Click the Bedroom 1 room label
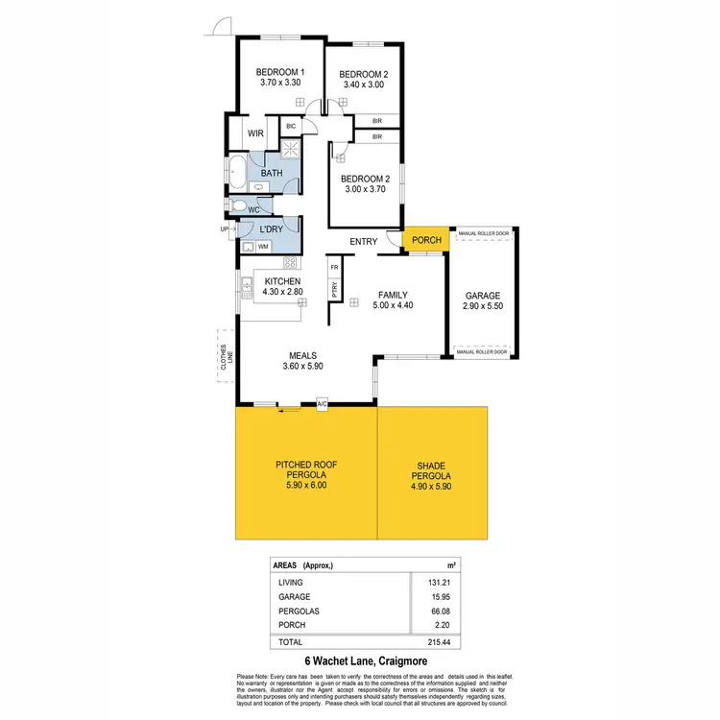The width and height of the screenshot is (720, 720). [x=279, y=73]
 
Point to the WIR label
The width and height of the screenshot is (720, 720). [x=255, y=134]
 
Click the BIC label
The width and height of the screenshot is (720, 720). [x=290, y=126]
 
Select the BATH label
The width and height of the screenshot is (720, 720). [x=271, y=174]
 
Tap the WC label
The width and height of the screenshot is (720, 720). [x=254, y=209]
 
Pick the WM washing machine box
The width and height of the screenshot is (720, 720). [x=263, y=247]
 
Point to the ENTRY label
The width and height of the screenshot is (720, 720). [x=364, y=242]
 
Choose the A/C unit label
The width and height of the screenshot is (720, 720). [x=322, y=405]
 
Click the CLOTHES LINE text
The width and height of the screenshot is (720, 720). [x=223, y=356]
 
